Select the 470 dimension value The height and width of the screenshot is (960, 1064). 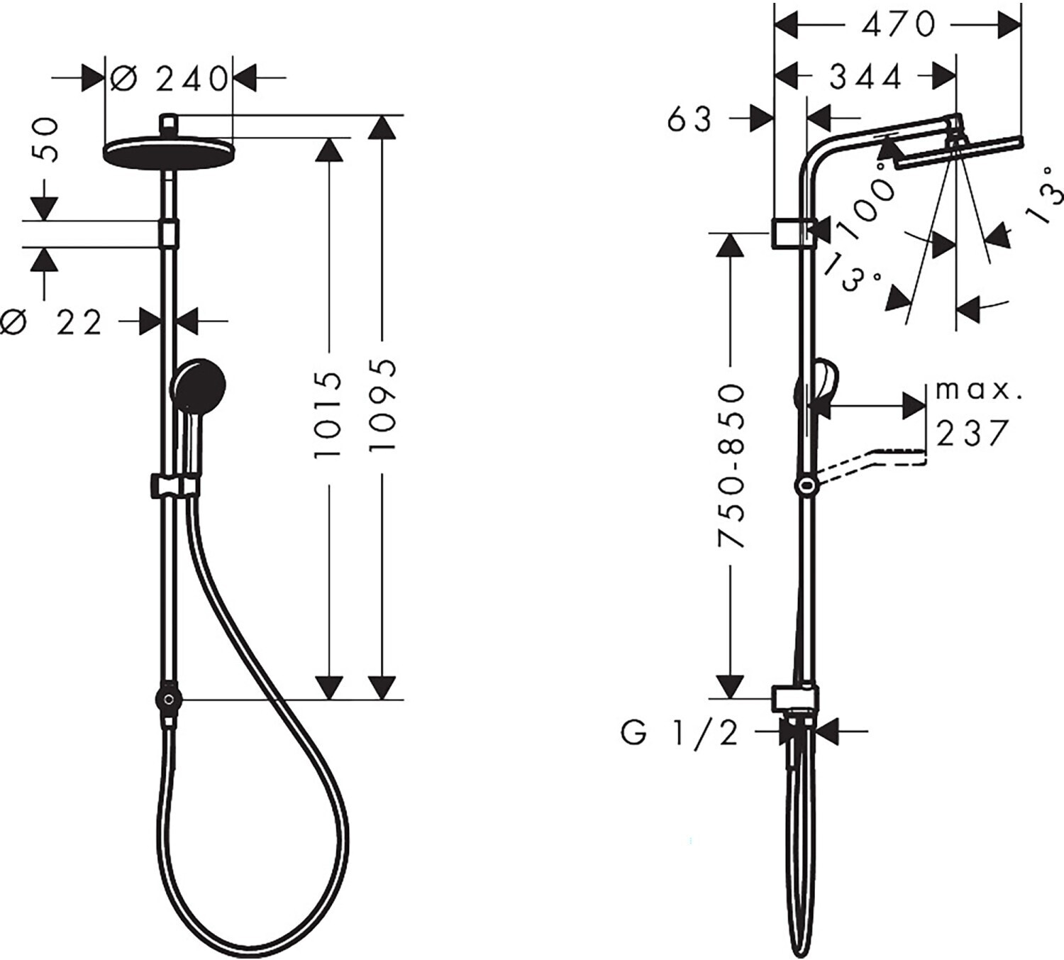[897, 24]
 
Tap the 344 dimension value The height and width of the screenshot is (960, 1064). [865, 77]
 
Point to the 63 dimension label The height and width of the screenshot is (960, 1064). [689, 120]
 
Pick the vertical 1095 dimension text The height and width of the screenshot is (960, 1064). [382, 405]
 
